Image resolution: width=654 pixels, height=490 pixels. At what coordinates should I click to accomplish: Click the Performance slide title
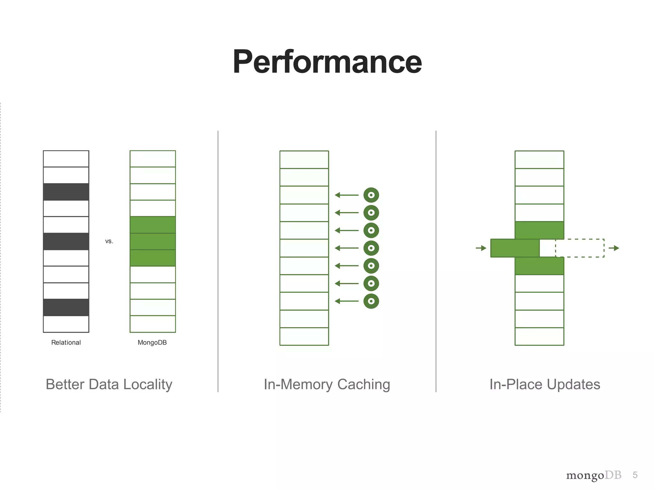327,62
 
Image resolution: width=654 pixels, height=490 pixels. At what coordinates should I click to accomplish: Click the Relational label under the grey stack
66,343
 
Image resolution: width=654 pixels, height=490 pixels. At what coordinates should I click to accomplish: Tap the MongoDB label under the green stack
152,343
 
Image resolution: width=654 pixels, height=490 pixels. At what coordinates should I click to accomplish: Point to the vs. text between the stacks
109,241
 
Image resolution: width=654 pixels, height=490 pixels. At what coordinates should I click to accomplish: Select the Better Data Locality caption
109,384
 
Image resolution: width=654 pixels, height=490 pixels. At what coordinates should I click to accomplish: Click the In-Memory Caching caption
327,384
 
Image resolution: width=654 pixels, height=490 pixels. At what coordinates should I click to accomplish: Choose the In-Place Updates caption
545,384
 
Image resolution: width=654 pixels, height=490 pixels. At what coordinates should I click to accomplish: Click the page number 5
635,475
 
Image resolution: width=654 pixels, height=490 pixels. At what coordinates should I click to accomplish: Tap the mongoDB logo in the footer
594,475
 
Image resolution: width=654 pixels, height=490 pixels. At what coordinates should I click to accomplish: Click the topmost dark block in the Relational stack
66,192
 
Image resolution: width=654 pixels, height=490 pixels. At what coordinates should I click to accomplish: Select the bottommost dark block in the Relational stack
66,308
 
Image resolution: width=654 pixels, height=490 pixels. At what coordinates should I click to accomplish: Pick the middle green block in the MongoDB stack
153,241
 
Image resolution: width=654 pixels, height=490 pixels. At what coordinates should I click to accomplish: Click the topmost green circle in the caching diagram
371,195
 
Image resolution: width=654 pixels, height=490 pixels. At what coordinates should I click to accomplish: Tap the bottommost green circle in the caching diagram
371,301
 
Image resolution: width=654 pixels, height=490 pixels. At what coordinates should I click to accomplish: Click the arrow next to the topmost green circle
347,195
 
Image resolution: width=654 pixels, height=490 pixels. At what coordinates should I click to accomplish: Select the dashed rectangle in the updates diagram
580,248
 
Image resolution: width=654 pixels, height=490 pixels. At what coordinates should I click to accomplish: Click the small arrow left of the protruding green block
481,248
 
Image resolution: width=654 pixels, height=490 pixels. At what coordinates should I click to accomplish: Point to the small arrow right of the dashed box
614,248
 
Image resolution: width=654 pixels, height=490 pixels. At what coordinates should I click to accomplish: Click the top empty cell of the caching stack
304,160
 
